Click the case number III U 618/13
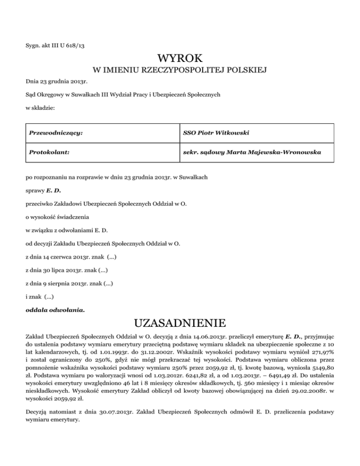click(69, 45)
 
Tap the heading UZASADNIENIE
click(180, 323)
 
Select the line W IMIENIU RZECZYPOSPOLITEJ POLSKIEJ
click(180, 71)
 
